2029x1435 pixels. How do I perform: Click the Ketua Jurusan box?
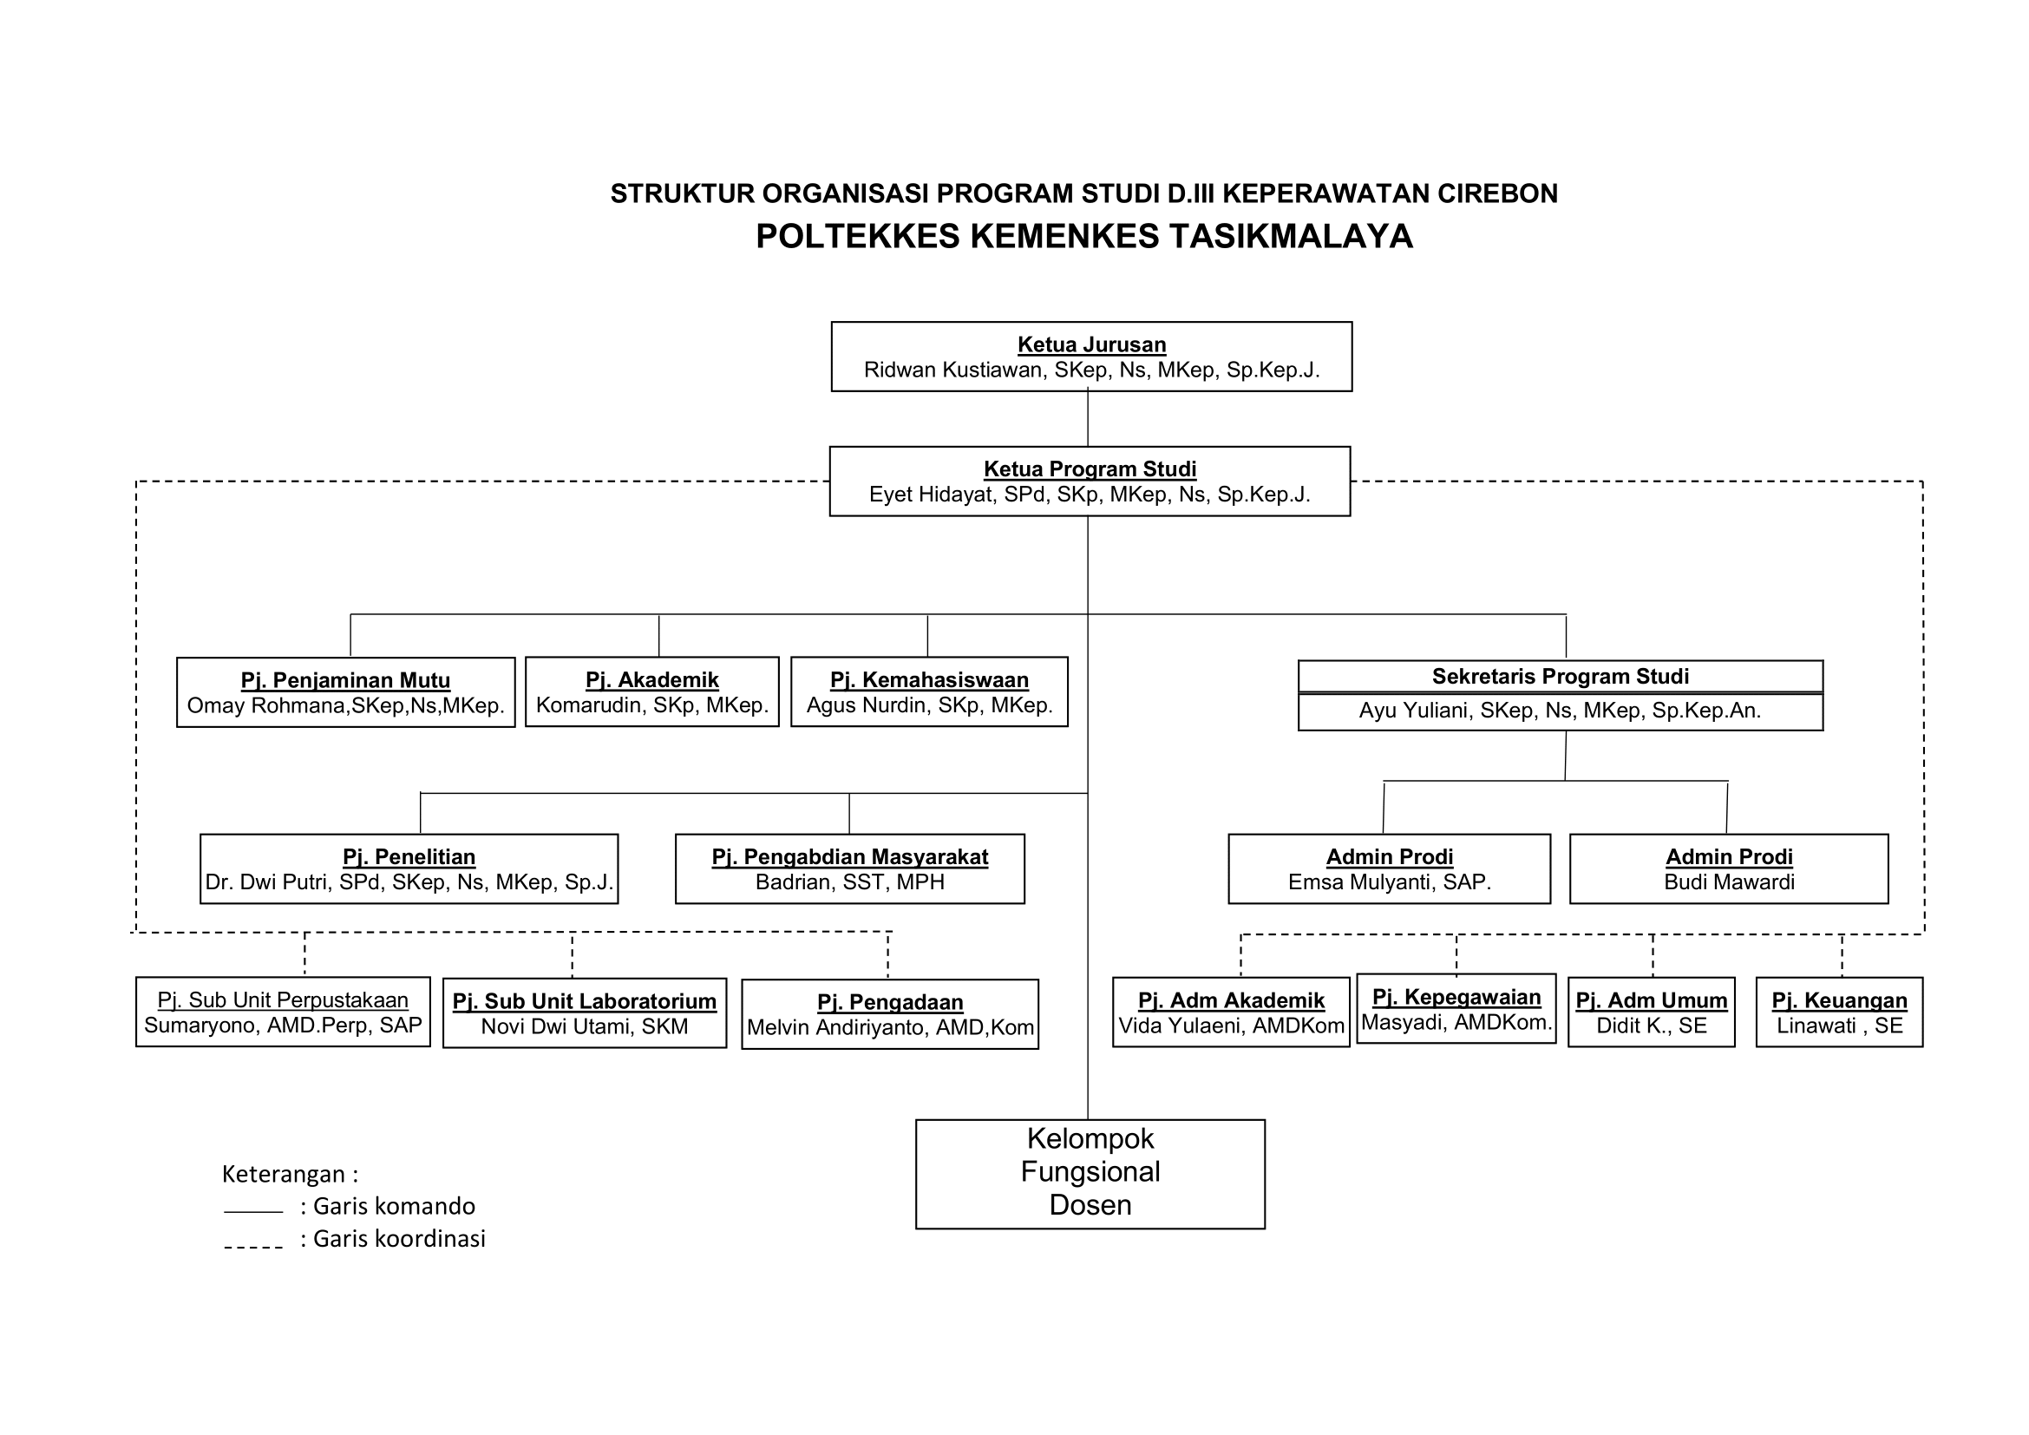click(1091, 356)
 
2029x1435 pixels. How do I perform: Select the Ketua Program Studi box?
click(1090, 481)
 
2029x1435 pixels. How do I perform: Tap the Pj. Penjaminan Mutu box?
click(345, 691)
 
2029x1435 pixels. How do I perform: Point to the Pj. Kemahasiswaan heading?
click(929, 679)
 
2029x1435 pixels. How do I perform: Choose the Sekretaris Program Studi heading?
click(1560, 676)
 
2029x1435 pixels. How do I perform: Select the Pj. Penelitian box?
click(409, 868)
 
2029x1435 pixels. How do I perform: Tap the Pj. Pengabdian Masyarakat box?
click(850, 868)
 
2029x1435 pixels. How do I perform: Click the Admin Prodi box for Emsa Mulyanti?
click(1389, 868)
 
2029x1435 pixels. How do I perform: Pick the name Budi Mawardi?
click(1730, 881)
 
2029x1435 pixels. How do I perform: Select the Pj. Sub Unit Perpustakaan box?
click(283, 1012)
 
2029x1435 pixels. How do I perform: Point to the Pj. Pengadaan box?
click(890, 1014)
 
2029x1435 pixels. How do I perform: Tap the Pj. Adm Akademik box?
click(1231, 1012)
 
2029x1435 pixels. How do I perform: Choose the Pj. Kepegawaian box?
click(1456, 1008)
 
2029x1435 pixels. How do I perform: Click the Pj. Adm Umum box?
click(1652, 1012)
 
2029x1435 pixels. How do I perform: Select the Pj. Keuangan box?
click(1839, 1012)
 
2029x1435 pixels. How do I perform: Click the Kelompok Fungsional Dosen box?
click(1090, 1175)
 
